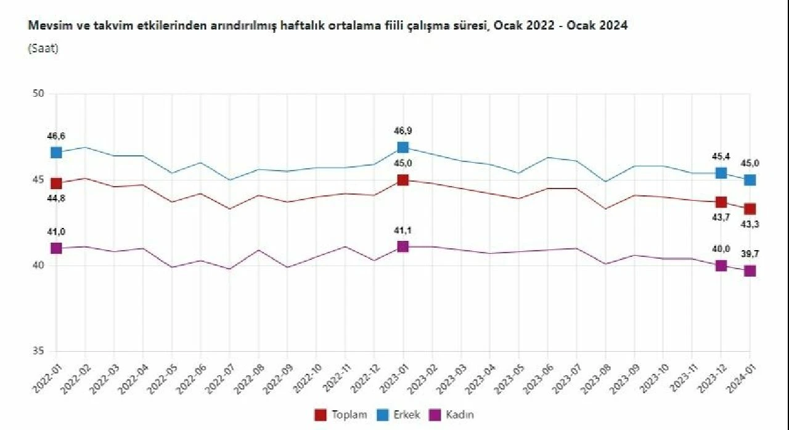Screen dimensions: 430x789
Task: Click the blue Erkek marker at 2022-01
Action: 56,152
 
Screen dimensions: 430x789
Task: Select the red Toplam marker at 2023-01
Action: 403,180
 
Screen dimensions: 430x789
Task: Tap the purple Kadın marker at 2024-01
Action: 750,271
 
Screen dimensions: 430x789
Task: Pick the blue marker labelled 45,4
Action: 721,173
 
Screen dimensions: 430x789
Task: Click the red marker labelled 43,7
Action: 721,202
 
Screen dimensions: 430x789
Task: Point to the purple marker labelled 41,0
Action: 56,248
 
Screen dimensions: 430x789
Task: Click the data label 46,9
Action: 403,131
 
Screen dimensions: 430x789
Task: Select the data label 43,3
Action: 750,224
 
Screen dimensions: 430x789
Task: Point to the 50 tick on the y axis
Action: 38,94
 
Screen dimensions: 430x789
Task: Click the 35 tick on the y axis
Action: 38,351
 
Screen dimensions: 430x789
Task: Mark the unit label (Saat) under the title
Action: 43,49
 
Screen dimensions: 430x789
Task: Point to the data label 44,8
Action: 56,198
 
